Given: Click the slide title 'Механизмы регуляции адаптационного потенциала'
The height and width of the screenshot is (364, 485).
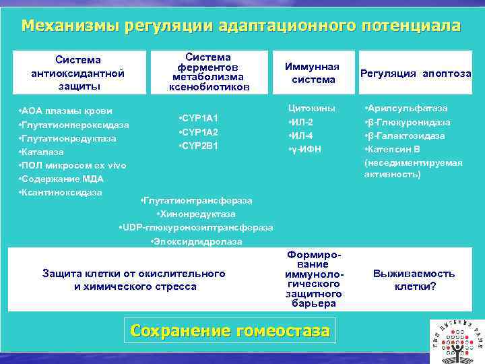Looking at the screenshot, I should tap(241, 26).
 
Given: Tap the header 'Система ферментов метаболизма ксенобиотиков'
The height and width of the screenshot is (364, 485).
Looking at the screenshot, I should tap(208, 72).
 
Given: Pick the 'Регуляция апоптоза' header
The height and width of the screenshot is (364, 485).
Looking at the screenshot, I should tap(416, 73).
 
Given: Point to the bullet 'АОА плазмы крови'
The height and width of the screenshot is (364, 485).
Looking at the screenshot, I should tap(65, 111).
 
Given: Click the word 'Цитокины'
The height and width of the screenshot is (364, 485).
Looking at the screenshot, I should tap(311, 108).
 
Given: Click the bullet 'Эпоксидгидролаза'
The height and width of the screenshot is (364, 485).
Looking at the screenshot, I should tap(195, 241).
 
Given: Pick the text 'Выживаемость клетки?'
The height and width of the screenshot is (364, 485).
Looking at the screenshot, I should tap(414, 280).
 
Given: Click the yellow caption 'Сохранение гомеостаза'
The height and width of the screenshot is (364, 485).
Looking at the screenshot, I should tap(230, 331).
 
